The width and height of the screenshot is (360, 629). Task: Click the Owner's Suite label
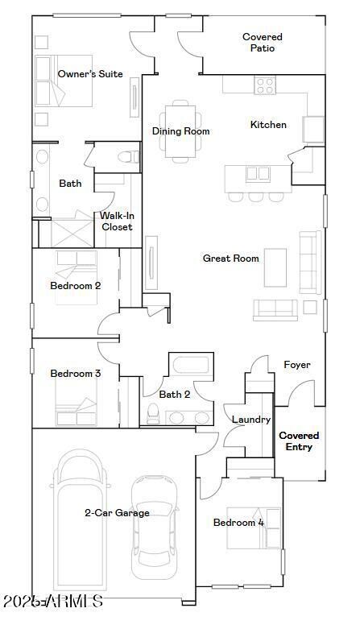[x=90, y=74]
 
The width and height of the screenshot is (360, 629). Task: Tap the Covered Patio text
[x=262, y=42]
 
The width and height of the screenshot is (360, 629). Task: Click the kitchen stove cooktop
[x=265, y=85]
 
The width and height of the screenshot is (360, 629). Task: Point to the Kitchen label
[x=268, y=125]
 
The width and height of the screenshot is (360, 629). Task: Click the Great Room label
[x=230, y=259]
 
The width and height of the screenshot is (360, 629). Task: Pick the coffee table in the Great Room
[x=275, y=267]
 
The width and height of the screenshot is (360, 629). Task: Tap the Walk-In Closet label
[x=117, y=221]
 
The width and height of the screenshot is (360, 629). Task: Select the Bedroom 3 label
[x=75, y=374]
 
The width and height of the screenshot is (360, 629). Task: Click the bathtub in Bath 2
[x=190, y=365]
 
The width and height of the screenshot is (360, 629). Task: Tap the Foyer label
[x=296, y=365]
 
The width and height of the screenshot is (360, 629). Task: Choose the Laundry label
[x=250, y=420]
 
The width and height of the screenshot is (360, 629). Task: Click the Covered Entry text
[x=299, y=441]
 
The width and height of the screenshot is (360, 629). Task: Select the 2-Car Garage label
[x=117, y=512]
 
